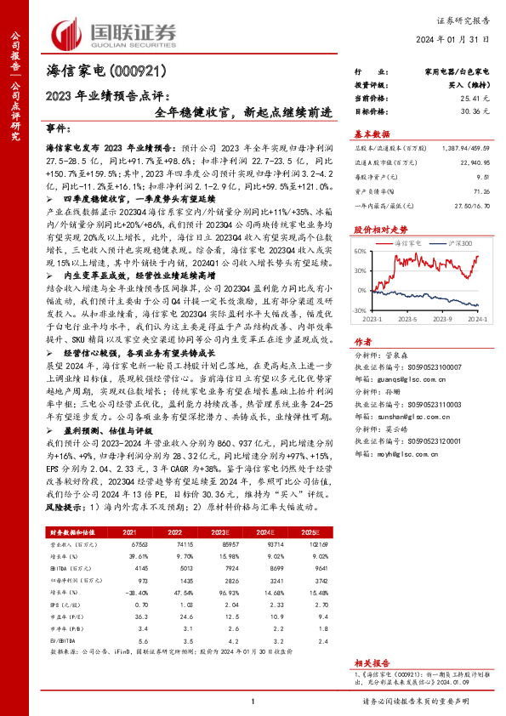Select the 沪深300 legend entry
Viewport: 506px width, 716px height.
454,242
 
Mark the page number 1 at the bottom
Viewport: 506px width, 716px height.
253,701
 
